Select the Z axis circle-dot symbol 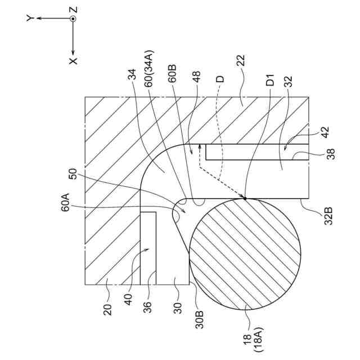(74, 19)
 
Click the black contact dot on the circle (245, 197)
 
